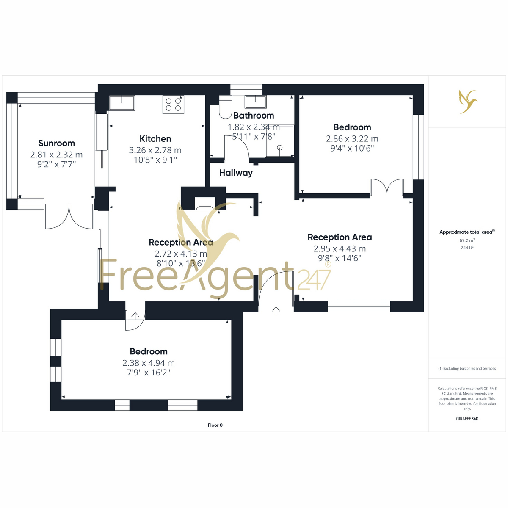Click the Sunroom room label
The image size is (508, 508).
[56, 143]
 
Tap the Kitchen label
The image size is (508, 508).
[155, 139]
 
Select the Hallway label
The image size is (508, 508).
[236, 173]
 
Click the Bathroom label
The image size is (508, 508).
[254, 116]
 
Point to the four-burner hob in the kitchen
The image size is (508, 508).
[173, 105]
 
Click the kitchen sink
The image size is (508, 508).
[122, 103]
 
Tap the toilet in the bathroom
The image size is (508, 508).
[225, 107]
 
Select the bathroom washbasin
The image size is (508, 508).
[255, 102]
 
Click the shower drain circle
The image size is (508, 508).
[280, 148]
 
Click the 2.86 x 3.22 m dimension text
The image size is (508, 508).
[352, 139]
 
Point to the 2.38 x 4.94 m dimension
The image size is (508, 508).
[149, 363]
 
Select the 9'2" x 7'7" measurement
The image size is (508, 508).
[56, 164]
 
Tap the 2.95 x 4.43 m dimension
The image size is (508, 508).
[340, 248]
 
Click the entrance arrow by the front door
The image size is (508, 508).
[276, 311]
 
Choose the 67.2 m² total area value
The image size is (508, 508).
[467, 240]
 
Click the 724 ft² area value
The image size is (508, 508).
[467, 248]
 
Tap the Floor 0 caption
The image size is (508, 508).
[215, 425]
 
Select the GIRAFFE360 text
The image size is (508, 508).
[467, 418]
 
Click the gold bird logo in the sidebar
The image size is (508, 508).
[468, 102]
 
